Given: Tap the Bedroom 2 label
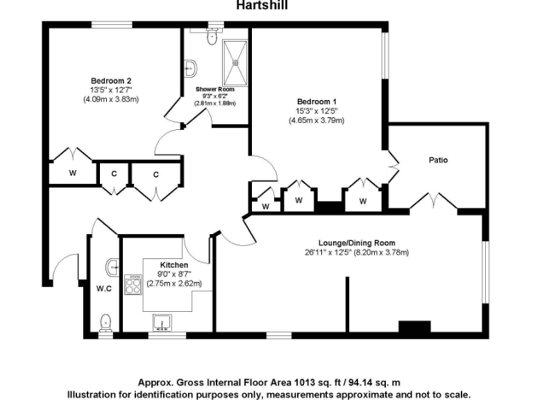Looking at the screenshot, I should pyautogui.click(x=111, y=81).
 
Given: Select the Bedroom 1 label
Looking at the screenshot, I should pyautogui.click(x=316, y=101).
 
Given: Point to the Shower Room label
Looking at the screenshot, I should pyautogui.click(x=214, y=90).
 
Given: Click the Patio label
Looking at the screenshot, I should pyautogui.click(x=437, y=160).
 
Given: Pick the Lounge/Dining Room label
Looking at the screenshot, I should pyautogui.click(x=357, y=243).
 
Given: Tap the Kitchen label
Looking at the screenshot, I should pyautogui.click(x=174, y=265).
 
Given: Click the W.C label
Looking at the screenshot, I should pyautogui.click(x=104, y=288).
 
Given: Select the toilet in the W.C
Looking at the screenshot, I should pyautogui.click(x=105, y=322).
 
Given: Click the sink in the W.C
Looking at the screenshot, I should pyautogui.click(x=111, y=266).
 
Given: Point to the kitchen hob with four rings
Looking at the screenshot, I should pyautogui.click(x=133, y=284).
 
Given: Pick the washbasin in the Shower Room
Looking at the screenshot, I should pyautogui.click(x=191, y=67).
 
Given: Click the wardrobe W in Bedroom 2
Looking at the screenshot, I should pyautogui.click(x=73, y=173).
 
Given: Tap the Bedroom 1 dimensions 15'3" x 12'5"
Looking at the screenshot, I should pyautogui.click(x=316, y=110).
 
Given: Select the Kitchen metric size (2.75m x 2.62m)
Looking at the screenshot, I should pyautogui.click(x=174, y=283).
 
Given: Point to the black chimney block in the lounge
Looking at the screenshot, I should pyautogui.click(x=413, y=328).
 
